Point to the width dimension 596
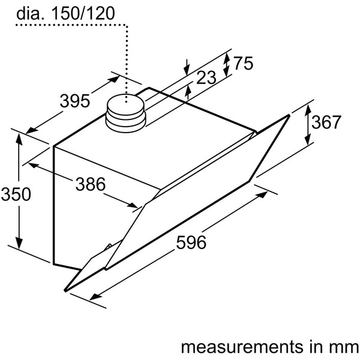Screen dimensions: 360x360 tap(192, 242)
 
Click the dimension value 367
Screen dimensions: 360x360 tap(326, 122)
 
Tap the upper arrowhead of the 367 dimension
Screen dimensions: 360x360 tap(307, 108)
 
